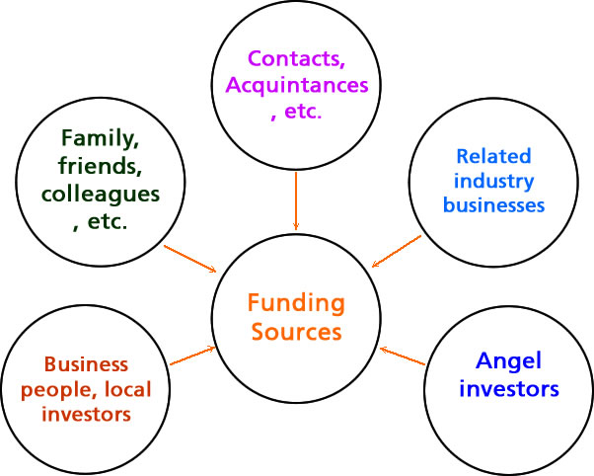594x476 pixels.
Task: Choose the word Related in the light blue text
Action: (493, 156)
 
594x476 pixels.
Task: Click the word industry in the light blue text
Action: (493, 181)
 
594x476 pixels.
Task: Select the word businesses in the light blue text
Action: (493, 205)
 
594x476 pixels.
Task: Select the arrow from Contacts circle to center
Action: (296, 202)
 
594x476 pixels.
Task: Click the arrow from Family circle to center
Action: (190, 259)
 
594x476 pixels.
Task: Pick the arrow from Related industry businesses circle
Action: (397, 251)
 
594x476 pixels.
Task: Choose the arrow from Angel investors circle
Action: (403, 356)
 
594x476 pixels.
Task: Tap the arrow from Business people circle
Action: (193, 357)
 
